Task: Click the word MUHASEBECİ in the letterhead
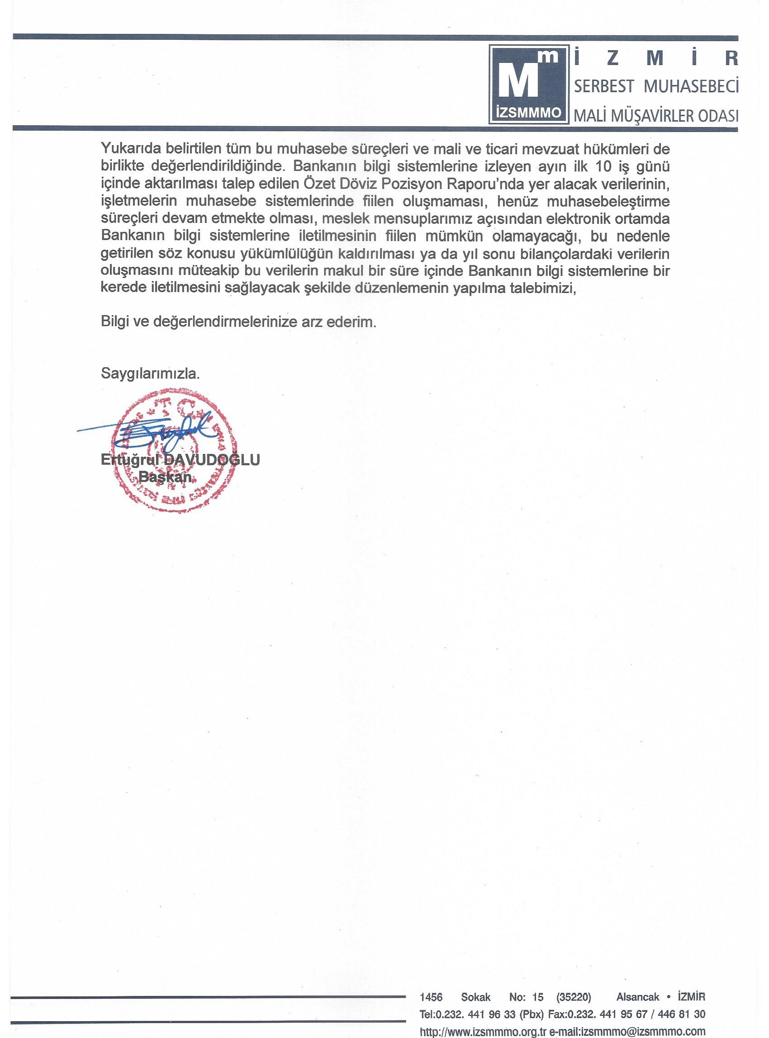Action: point(691,86)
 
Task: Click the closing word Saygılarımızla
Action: point(150,373)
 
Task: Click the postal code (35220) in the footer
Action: point(574,994)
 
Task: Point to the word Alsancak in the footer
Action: point(638,994)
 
